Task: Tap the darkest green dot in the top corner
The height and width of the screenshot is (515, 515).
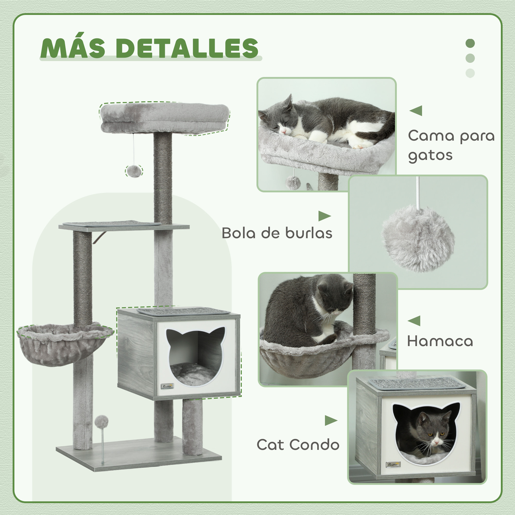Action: [470, 44]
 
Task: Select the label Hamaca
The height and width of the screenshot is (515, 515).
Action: [440, 341]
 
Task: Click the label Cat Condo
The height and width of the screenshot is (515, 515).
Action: [298, 445]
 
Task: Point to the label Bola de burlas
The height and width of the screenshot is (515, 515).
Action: [277, 233]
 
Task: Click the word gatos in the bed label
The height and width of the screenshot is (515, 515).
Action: [430, 156]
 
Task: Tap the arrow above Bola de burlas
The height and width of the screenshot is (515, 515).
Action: [324, 216]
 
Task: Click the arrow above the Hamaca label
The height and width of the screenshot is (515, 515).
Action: [414, 321]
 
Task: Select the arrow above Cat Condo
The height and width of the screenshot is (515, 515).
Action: [331, 420]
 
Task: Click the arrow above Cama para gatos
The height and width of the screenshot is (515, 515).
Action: [416, 111]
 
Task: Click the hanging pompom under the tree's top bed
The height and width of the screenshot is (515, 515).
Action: [134, 171]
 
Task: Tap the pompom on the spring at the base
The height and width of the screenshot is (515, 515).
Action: [101, 421]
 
